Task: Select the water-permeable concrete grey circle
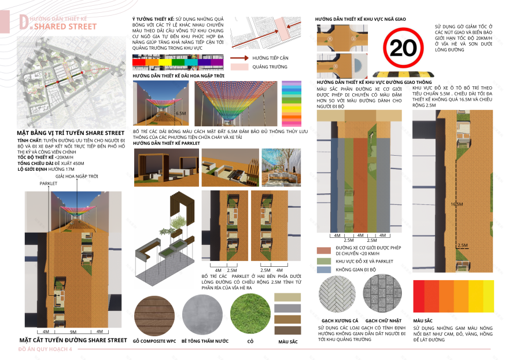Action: (x=202, y=315)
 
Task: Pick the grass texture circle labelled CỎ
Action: (x=250, y=315)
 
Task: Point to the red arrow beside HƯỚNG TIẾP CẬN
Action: (x=239, y=58)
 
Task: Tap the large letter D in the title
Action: (x=24, y=23)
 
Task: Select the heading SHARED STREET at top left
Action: (x=65, y=27)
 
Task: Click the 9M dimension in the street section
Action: (x=73, y=332)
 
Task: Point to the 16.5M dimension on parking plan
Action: (x=457, y=205)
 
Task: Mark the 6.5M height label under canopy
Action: (x=180, y=114)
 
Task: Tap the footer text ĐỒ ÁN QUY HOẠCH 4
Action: (x=44, y=351)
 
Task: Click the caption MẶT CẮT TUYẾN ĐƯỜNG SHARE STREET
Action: (x=73, y=340)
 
